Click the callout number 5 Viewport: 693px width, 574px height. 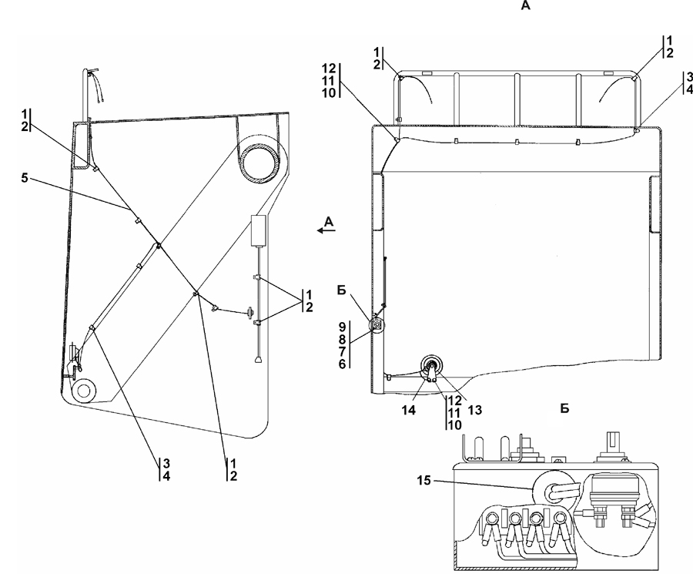[25, 178]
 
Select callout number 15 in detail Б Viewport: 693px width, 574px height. [423, 480]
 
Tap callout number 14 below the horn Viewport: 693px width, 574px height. [408, 410]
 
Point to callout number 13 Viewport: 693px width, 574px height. [474, 410]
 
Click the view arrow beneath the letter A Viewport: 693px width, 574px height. [326, 230]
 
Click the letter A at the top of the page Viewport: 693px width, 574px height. [525, 5]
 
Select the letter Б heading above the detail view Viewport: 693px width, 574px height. [564, 408]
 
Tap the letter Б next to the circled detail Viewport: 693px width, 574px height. [342, 290]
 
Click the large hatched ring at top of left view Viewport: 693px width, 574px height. [260, 160]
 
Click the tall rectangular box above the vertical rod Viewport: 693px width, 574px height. [259, 230]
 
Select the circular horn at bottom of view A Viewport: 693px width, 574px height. [431, 366]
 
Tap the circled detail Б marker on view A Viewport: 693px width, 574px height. [377, 326]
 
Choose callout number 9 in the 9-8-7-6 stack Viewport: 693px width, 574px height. [343, 327]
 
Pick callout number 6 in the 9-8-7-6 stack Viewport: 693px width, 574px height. [343, 364]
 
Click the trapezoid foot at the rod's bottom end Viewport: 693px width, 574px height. [258, 360]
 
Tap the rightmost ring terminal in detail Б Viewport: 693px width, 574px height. [560, 518]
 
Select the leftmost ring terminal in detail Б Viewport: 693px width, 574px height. [491, 518]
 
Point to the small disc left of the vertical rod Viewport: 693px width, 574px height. [251, 313]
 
